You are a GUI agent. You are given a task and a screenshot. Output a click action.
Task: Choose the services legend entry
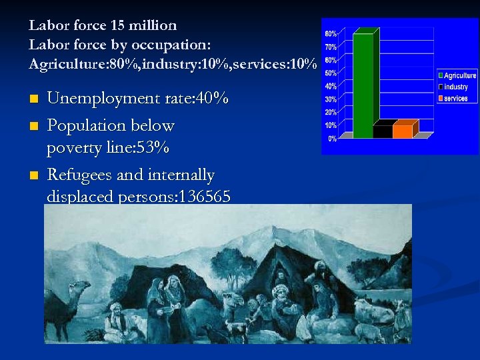tap(455, 99)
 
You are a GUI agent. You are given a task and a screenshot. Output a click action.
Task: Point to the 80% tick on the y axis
tap(331, 34)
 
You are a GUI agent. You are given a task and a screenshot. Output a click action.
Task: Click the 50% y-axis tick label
tap(331, 73)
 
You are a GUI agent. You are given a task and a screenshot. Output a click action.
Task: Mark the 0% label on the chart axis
tap(332, 138)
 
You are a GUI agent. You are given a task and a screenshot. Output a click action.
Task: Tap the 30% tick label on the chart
tap(331, 99)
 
